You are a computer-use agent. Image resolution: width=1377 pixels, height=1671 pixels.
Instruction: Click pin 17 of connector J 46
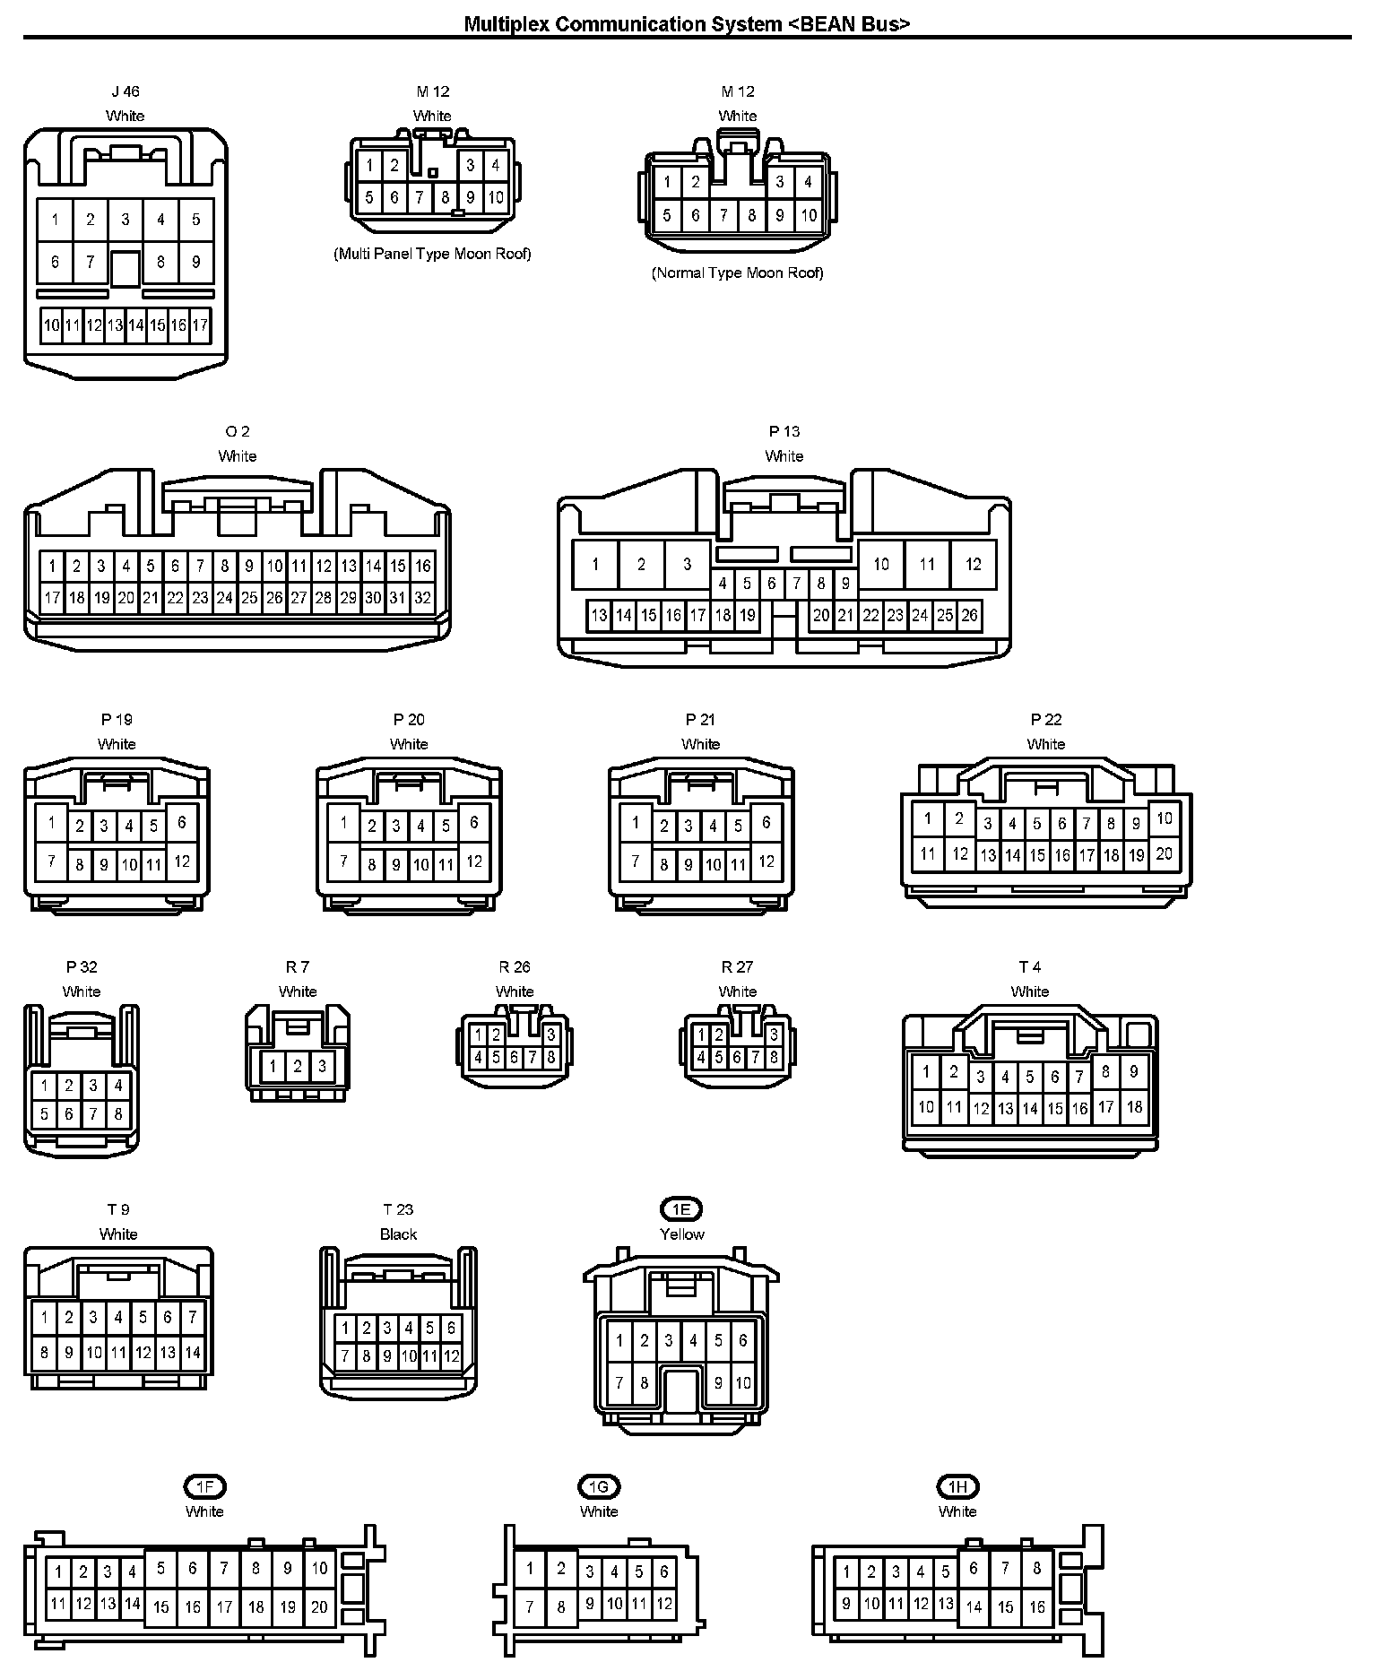pos(200,325)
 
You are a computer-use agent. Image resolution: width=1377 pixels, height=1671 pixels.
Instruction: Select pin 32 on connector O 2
pos(422,598)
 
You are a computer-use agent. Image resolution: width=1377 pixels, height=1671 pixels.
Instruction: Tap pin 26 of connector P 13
pos(969,615)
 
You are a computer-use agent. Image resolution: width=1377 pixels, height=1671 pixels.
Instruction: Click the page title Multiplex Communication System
pos(687,24)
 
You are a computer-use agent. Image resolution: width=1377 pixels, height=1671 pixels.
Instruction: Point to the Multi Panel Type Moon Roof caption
pos(432,254)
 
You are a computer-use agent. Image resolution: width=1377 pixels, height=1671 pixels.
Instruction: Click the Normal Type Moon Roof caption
pos(737,273)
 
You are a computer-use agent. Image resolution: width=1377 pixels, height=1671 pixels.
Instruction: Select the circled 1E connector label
pos(681,1209)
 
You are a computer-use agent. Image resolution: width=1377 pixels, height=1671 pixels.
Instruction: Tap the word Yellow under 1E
pos(681,1234)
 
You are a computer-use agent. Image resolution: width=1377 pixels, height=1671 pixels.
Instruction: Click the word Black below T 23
pos(398,1234)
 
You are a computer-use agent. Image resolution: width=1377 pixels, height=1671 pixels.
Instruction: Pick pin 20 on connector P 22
pos(1164,853)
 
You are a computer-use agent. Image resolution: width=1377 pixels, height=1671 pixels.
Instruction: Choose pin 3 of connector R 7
pos(322,1067)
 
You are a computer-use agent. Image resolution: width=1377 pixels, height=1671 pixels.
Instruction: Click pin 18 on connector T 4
pos(1134,1107)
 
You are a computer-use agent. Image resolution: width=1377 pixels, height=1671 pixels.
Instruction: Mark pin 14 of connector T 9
pos(193,1353)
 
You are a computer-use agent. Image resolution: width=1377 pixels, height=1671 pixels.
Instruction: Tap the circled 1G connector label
pos(599,1487)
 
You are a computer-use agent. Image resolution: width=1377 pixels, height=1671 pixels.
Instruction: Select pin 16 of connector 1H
pos(1037,1607)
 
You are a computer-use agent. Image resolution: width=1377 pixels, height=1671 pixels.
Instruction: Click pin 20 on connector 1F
pos(319,1607)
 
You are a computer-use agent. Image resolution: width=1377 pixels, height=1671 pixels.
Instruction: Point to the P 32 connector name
pos(82,967)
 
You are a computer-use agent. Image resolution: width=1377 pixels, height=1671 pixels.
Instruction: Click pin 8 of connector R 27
pos(774,1058)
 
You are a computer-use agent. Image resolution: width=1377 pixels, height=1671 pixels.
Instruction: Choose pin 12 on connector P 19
pos(182,861)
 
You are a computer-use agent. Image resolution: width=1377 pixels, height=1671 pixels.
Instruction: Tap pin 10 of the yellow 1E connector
pos(743,1383)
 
